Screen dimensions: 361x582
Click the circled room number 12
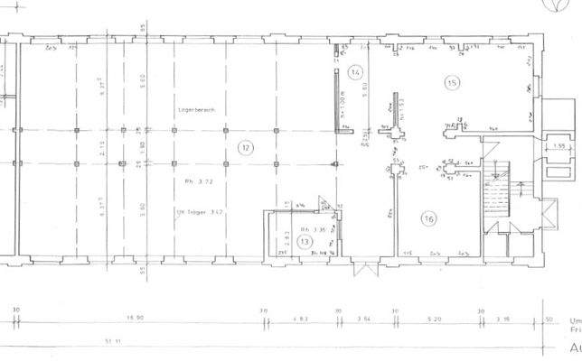(x=243, y=146)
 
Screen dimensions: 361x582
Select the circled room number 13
(x=305, y=242)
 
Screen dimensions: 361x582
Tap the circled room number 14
(x=355, y=71)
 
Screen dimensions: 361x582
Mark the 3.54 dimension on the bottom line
(x=365, y=319)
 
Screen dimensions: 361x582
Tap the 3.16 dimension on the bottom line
(x=504, y=319)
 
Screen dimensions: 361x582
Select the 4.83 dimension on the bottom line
(x=300, y=319)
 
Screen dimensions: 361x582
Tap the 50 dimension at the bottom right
(x=548, y=319)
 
